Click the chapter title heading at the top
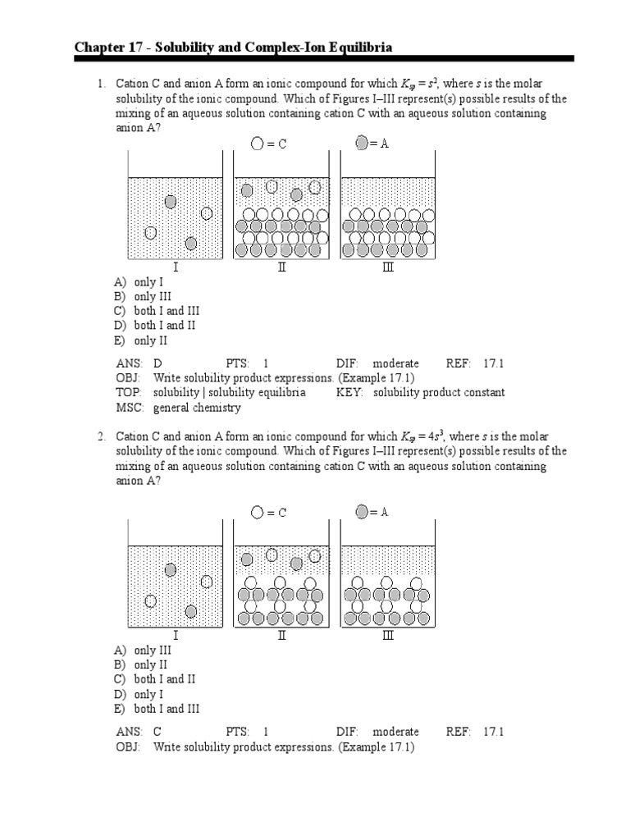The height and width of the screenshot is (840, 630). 233,48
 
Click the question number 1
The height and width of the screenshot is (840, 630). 102,84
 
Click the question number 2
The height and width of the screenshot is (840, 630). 102,437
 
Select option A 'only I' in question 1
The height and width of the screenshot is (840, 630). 144,281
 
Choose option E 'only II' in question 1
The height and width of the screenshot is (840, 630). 146,340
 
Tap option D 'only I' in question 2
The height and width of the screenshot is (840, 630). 144,694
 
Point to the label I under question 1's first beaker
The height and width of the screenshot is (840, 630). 175,267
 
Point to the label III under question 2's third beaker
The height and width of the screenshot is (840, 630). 388,636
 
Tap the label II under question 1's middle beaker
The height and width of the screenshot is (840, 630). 281,267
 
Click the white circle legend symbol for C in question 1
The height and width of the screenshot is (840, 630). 258,144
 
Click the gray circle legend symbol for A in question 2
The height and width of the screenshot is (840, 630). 362,512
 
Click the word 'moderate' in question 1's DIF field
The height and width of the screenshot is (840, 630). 395,363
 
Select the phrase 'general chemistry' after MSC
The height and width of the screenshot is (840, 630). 197,408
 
